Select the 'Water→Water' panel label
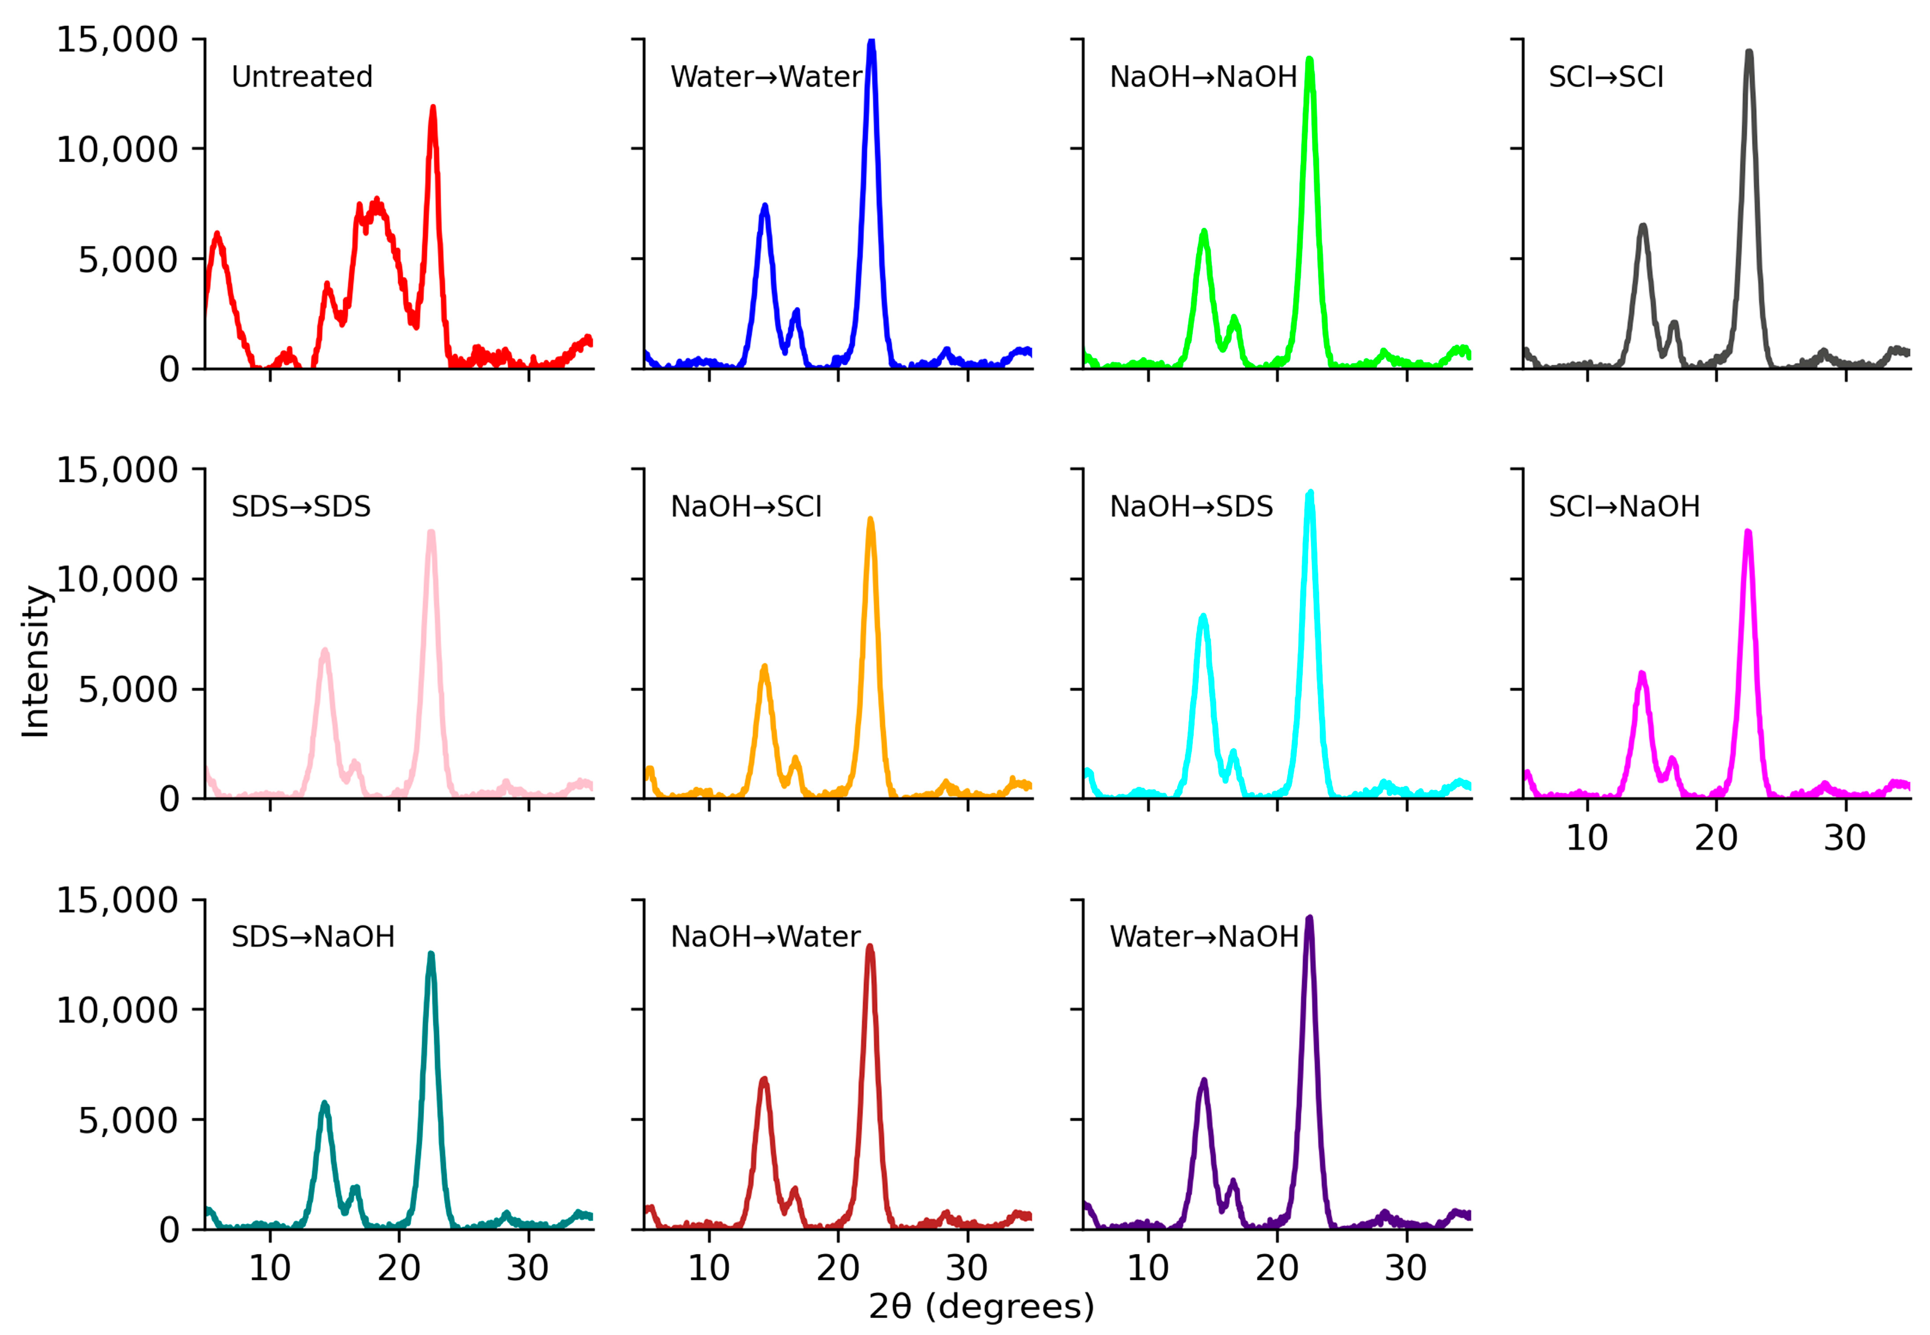click(x=765, y=77)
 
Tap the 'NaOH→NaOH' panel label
click(x=1202, y=77)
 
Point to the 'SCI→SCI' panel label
click(x=1605, y=77)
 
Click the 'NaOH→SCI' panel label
click(x=746, y=507)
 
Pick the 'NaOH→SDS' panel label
click(x=1191, y=507)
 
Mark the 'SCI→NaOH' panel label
click(x=1624, y=507)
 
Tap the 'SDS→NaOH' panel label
click(x=313, y=937)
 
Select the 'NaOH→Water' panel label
click(x=765, y=937)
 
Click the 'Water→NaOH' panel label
click(x=1203, y=937)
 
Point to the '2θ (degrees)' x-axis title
click(x=981, y=1307)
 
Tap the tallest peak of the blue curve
click(x=871, y=42)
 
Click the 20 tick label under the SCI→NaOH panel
click(x=1716, y=838)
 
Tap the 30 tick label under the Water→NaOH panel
click(x=1405, y=1268)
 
